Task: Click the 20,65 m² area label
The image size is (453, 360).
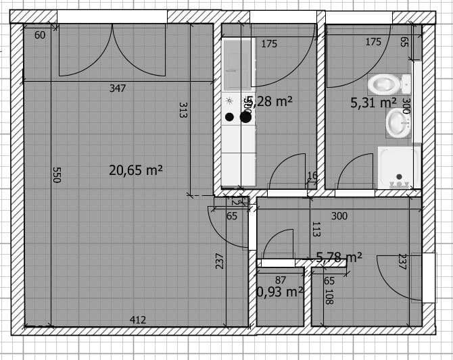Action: pyautogui.click(x=136, y=170)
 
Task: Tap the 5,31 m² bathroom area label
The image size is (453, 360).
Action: pyautogui.click(x=373, y=103)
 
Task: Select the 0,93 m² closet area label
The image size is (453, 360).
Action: pyautogui.click(x=279, y=292)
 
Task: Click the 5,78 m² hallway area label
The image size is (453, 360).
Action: pyautogui.click(x=339, y=257)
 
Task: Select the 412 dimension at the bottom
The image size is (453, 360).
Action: pyautogui.click(x=137, y=319)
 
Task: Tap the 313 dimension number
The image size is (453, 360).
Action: pyautogui.click(x=183, y=110)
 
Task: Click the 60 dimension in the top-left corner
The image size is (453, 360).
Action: pyautogui.click(x=40, y=35)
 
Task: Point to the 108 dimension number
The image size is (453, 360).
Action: pyautogui.click(x=329, y=297)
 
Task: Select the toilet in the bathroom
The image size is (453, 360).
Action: pyautogui.click(x=388, y=84)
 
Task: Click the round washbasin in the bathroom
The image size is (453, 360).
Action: pyautogui.click(x=398, y=124)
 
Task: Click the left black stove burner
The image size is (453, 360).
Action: pyautogui.click(x=230, y=117)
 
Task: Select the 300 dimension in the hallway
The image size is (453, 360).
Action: pyautogui.click(x=339, y=216)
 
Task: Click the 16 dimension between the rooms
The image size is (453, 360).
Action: pyautogui.click(x=312, y=176)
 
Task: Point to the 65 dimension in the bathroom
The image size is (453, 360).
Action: pyautogui.click(x=404, y=42)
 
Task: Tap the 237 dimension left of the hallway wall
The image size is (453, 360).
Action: pyautogui.click(x=219, y=261)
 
